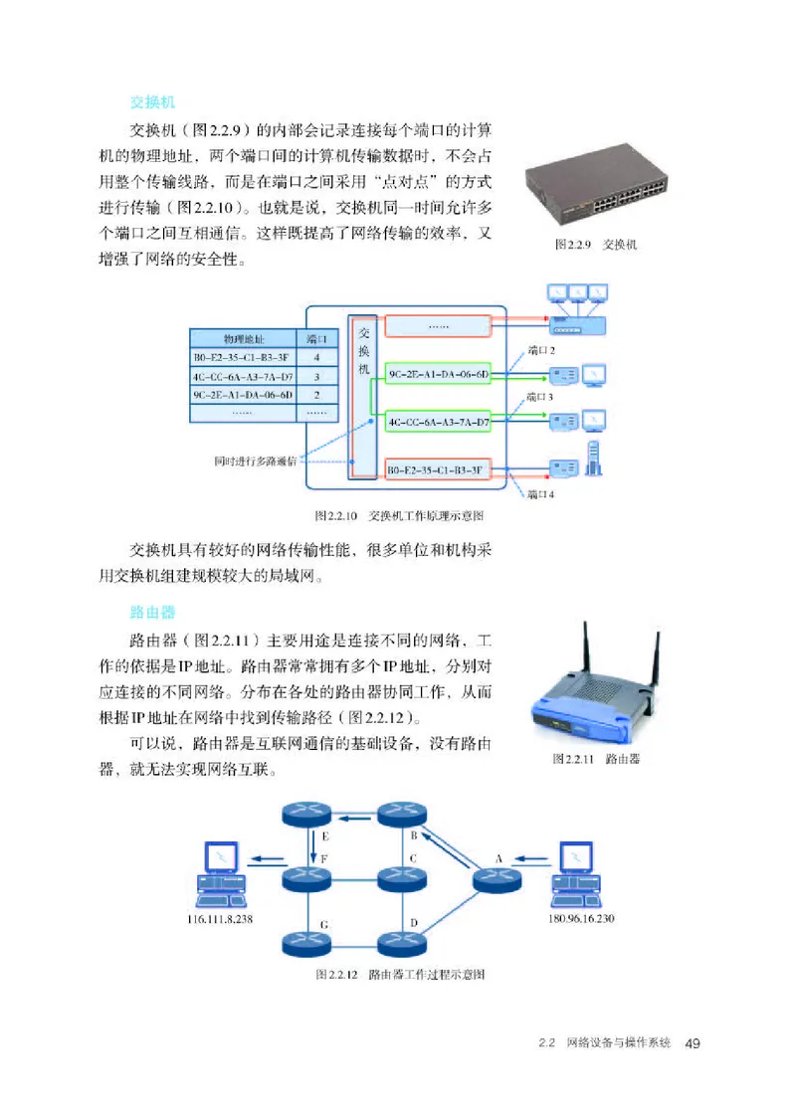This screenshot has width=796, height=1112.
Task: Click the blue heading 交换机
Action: tap(153, 102)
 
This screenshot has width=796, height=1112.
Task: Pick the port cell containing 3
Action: tap(315, 376)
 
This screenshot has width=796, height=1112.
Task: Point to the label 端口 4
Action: tap(540, 493)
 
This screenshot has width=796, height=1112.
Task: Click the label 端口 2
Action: tap(540, 351)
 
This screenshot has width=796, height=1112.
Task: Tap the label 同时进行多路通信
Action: tap(254, 461)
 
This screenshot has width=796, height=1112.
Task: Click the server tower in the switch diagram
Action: tap(594, 460)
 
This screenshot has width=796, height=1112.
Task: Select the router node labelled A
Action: tap(495, 881)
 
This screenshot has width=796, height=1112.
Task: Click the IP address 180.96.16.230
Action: tap(581, 919)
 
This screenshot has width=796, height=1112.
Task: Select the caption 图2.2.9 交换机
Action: tap(596, 245)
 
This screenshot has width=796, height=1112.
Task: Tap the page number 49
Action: tap(695, 1043)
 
